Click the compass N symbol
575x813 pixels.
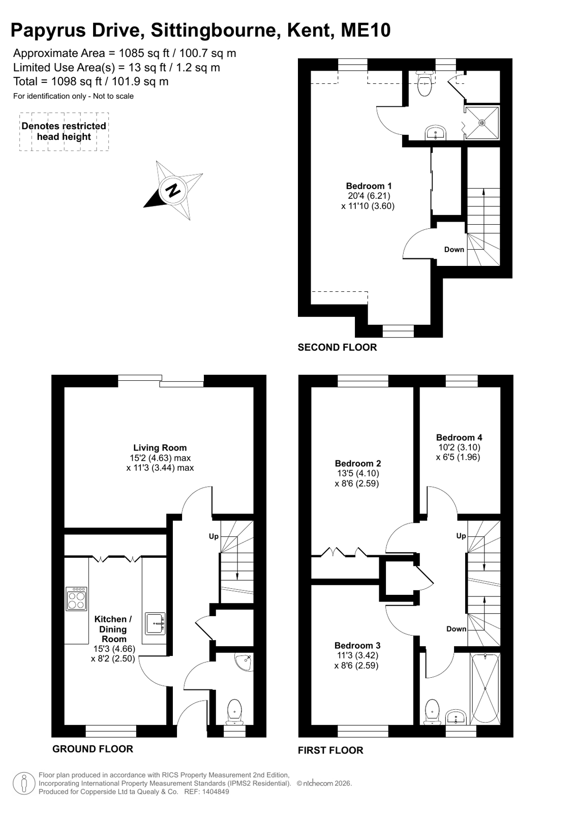click(x=173, y=190)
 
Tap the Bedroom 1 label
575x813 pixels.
click(x=369, y=186)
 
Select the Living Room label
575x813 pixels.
click(x=160, y=447)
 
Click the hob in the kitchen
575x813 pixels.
click(x=77, y=598)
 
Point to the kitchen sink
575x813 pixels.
click(x=156, y=623)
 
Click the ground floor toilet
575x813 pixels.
click(x=234, y=711)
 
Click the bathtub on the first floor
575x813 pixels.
click(x=485, y=688)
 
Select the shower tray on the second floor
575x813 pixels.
click(x=482, y=123)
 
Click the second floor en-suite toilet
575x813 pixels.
click(x=425, y=84)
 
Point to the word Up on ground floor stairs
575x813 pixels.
click(x=214, y=536)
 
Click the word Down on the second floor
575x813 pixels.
click(x=454, y=249)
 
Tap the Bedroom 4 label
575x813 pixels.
click(x=459, y=437)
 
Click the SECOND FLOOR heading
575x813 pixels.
click(x=337, y=347)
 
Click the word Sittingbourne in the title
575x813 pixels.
click(x=214, y=31)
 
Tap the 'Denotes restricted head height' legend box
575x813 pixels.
click(x=64, y=131)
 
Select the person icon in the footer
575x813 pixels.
click(x=24, y=783)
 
